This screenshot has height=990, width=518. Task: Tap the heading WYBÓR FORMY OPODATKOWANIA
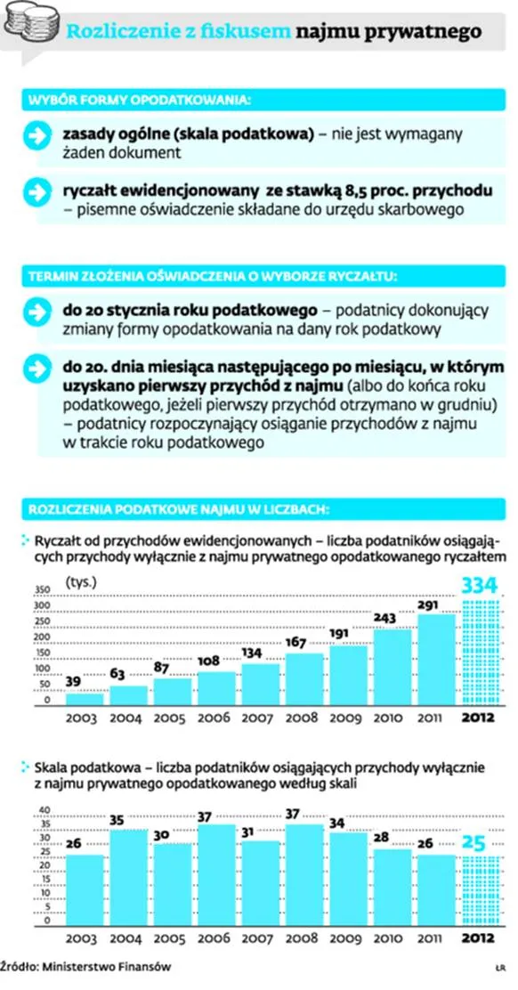138,101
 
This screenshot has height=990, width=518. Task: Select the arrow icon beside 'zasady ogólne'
36,137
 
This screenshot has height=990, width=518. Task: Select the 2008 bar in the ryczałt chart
304,679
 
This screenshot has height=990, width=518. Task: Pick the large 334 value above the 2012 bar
481,586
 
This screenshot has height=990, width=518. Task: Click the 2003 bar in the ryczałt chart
85,700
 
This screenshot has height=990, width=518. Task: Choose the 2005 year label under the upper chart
173,718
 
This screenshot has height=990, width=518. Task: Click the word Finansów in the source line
147,967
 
